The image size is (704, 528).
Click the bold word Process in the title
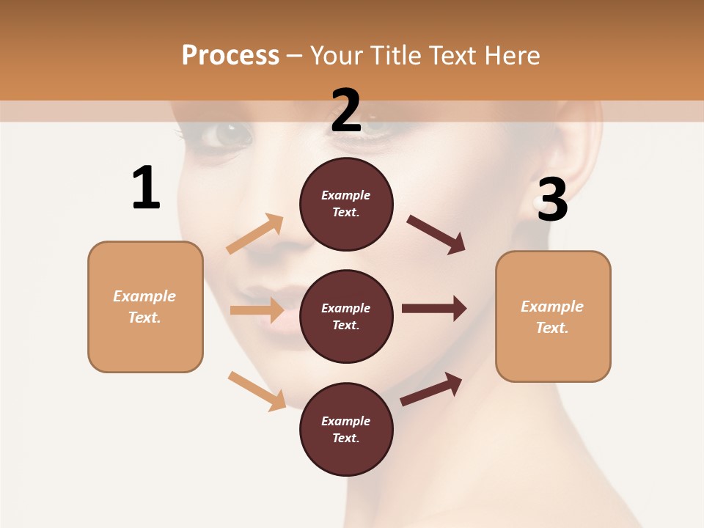point(230,56)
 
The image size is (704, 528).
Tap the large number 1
point(146,188)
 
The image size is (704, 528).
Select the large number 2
point(346,111)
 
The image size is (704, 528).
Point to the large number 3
point(552,200)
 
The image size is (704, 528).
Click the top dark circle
point(346,204)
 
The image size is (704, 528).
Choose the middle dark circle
point(346,317)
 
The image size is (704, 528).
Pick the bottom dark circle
point(346,430)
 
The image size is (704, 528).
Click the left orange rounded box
point(145,307)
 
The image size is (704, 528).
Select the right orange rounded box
point(553,316)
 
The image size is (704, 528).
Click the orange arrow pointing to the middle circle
point(257,310)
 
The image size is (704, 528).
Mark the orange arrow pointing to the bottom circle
point(257,390)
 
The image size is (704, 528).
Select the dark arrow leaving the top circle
point(436,235)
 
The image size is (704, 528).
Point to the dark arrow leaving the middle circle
point(433,309)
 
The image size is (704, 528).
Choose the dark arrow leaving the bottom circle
point(431,389)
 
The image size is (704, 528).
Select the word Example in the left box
point(144,296)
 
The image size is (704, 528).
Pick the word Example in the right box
point(552,307)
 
